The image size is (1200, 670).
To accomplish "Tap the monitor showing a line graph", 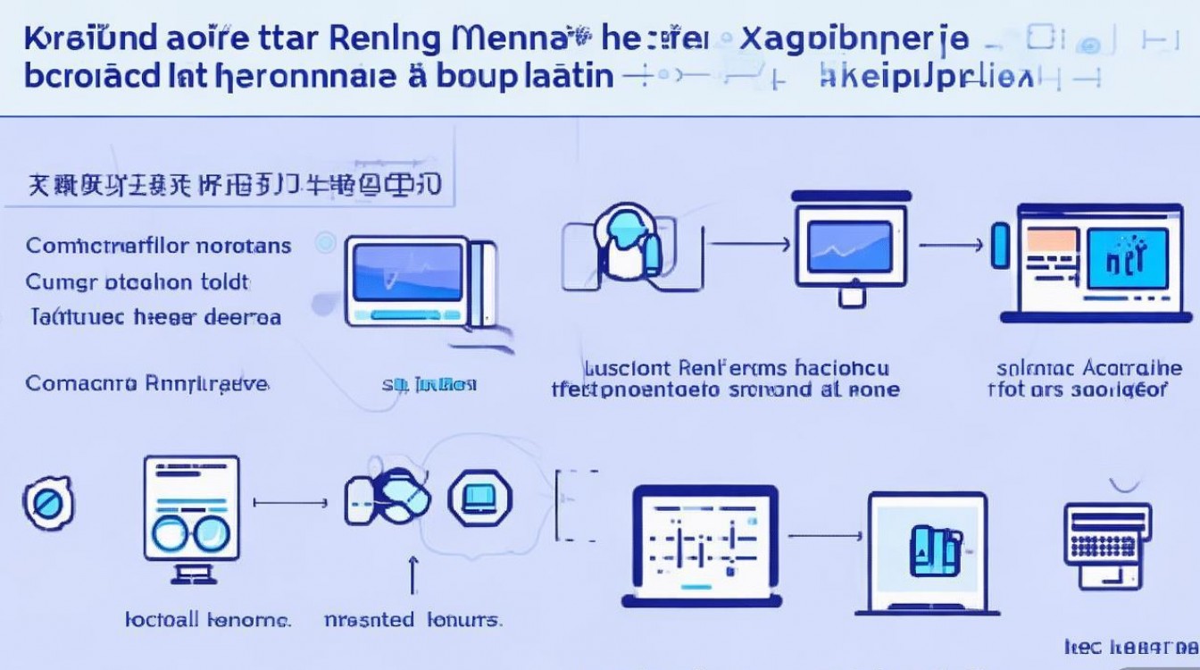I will tap(849, 245).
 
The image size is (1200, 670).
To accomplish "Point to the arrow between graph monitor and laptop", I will tap(951, 242).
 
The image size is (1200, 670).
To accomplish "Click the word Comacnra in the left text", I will tap(81, 384).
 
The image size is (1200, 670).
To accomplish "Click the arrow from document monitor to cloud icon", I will tap(291, 503).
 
